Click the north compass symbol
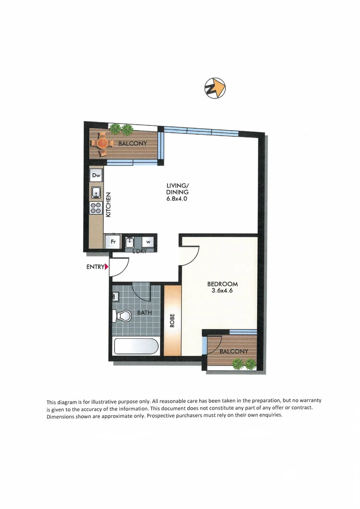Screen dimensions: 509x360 click(215, 88)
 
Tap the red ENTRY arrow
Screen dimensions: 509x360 click(107, 267)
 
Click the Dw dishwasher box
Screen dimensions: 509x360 click(96, 176)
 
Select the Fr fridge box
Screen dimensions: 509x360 click(113, 241)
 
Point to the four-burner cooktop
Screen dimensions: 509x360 click(96, 208)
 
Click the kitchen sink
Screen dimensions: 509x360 click(96, 192)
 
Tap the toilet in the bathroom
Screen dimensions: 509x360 click(123, 316)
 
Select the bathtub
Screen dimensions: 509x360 click(136, 347)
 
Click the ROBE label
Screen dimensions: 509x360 click(172, 320)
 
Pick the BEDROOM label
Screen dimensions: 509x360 click(222, 284)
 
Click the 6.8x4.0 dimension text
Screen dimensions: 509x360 click(177, 198)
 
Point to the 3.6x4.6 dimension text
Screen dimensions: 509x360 click(222, 291)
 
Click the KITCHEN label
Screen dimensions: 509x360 click(108, 204)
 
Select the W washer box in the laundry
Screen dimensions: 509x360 click(148, 242)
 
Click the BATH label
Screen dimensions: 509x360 click(144, 312)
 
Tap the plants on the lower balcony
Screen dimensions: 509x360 click(244, 363)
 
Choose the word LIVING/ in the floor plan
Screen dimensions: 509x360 click(177, 186)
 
